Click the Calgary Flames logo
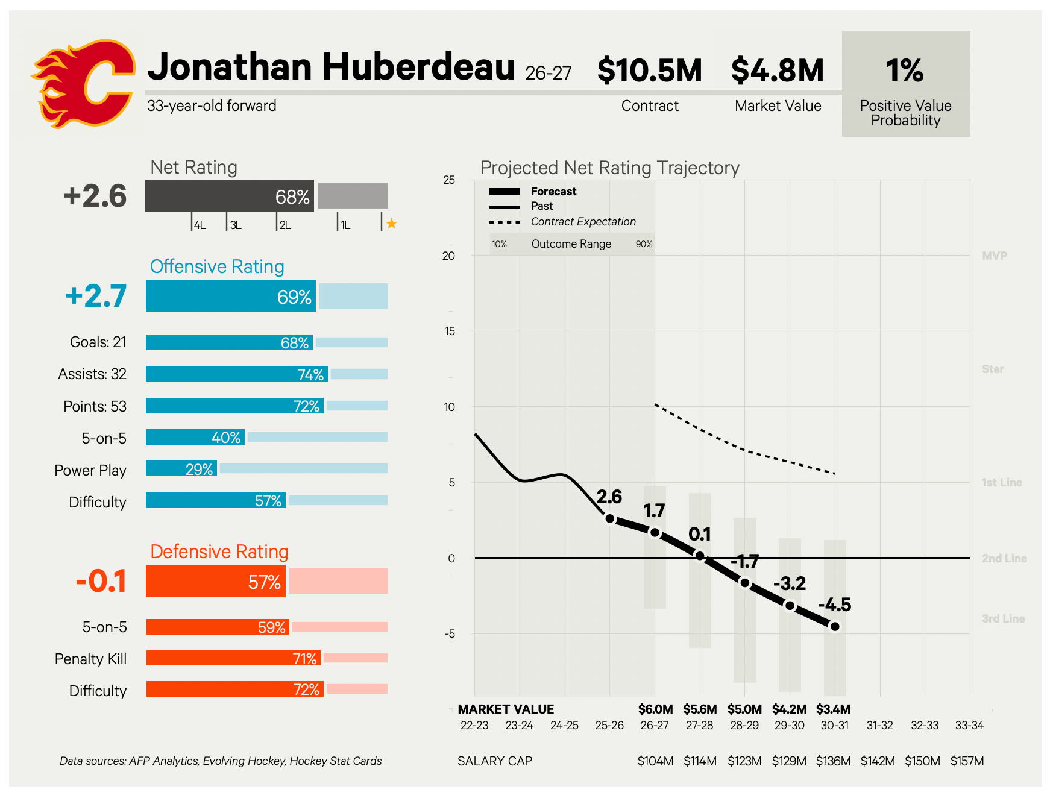point(83,83)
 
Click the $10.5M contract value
point(650,71)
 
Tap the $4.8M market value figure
point(778,71)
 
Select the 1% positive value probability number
point(905,71)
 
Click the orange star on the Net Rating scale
point(392,224)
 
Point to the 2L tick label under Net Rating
point(285,225)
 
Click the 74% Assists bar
point(237,374)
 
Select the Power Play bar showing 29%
point(181,468)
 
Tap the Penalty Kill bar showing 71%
point(233,658)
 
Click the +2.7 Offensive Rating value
point(96,296)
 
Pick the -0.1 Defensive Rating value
point(101,581)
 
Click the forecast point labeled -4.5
point(835,627)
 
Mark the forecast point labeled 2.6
point(610,518)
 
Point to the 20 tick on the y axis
point(448,256)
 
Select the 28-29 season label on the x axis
point(744,725)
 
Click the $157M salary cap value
point(967,761)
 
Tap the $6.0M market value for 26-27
point(655,709)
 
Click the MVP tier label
point(995,256)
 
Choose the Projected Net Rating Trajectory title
point(610,168)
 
